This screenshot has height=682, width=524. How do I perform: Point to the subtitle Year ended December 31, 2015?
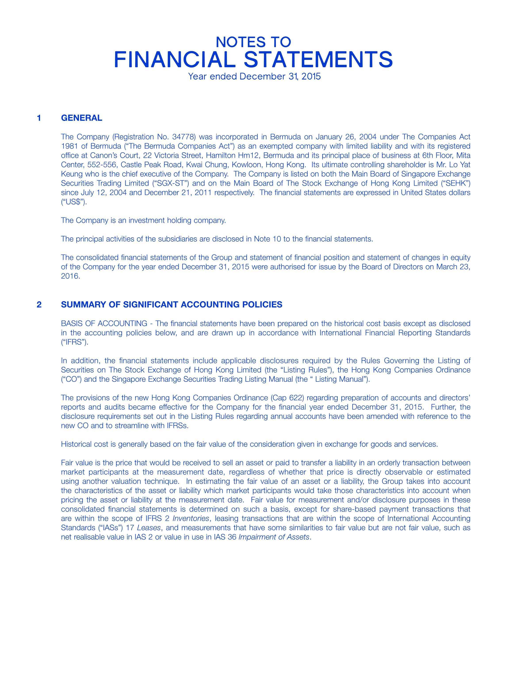[x=254, y=76]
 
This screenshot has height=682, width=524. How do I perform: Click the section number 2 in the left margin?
[x=39, y=304]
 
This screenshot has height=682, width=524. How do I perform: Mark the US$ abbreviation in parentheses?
[x=73, y=202]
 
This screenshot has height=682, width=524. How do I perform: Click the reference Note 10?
[x=269, y=239]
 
